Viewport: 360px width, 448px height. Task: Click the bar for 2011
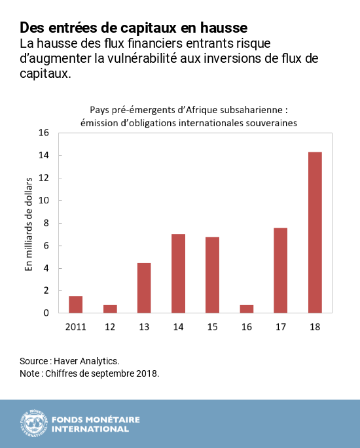click(75, 305)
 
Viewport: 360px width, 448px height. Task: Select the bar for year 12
click(110, 309)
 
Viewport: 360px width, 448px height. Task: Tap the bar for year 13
click(144, 288)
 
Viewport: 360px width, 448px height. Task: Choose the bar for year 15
click(212, 275)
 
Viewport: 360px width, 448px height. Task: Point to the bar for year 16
click(246, 309)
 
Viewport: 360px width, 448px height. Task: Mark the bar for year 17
click(280, 271)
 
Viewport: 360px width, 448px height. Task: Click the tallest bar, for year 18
click(314, 233)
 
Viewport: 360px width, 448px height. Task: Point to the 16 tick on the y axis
click(44, 133)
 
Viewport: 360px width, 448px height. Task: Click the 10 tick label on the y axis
click(44, 201)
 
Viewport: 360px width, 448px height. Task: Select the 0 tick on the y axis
click(46, 313)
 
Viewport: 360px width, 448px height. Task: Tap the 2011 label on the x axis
click(75, 325)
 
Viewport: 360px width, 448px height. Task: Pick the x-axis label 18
click(314, 325)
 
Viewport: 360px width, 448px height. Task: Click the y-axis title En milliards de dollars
click(28, 223)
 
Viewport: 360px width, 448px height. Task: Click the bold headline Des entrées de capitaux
click(134, 28)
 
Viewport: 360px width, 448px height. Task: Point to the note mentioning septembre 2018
click(90, 373)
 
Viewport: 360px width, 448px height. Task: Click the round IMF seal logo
click(33, 423)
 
